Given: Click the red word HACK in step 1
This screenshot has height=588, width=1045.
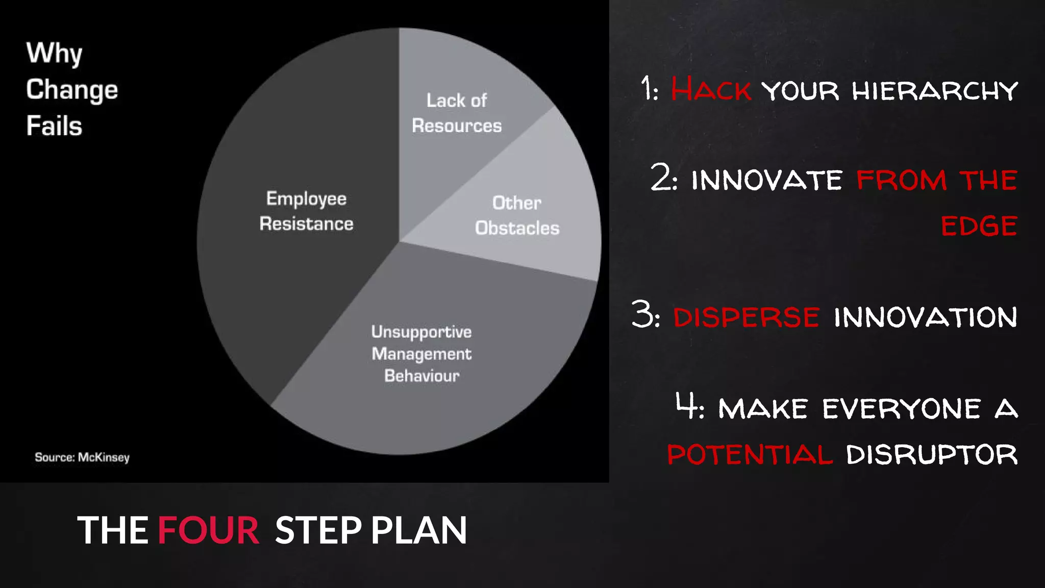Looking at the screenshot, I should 710,90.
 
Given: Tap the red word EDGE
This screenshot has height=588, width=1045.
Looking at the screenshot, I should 979,226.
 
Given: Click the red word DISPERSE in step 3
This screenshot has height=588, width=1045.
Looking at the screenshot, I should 746,317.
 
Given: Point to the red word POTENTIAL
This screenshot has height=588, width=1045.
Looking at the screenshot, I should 750,454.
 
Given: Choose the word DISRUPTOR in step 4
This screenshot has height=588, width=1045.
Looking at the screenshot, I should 932,454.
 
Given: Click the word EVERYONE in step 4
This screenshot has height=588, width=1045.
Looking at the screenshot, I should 901,409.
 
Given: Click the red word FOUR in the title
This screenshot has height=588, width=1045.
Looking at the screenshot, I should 208,530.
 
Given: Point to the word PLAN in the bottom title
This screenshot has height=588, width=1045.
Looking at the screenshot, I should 418,530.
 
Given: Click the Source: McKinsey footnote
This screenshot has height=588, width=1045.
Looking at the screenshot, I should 82,457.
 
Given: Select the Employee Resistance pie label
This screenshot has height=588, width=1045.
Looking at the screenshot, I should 306,211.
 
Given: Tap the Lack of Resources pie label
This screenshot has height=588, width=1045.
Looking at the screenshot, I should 457,113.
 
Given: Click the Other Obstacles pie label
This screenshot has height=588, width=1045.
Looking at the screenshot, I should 517,215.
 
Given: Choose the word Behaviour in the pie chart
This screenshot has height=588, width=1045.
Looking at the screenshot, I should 421,376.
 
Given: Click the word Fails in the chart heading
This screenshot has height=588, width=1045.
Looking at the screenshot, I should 54,126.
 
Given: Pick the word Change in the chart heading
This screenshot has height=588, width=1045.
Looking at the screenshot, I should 72,90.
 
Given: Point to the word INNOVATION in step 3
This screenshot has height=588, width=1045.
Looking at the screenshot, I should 926,317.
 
